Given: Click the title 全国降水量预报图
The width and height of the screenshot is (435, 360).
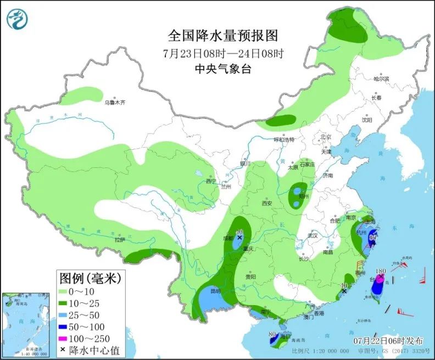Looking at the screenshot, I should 223,36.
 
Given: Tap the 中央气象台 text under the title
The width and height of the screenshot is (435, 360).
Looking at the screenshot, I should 223,69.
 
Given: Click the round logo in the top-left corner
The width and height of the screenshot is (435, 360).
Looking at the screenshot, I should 18,19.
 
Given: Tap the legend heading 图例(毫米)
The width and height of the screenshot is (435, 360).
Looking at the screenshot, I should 91,278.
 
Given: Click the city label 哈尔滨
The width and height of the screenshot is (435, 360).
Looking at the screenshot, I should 381,79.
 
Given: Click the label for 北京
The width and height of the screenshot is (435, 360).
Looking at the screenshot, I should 326,137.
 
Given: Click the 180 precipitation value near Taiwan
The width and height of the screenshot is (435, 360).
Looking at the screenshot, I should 381,271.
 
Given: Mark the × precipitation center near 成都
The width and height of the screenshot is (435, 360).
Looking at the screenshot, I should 239,238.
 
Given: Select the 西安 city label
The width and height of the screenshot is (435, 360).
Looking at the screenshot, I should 267,203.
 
